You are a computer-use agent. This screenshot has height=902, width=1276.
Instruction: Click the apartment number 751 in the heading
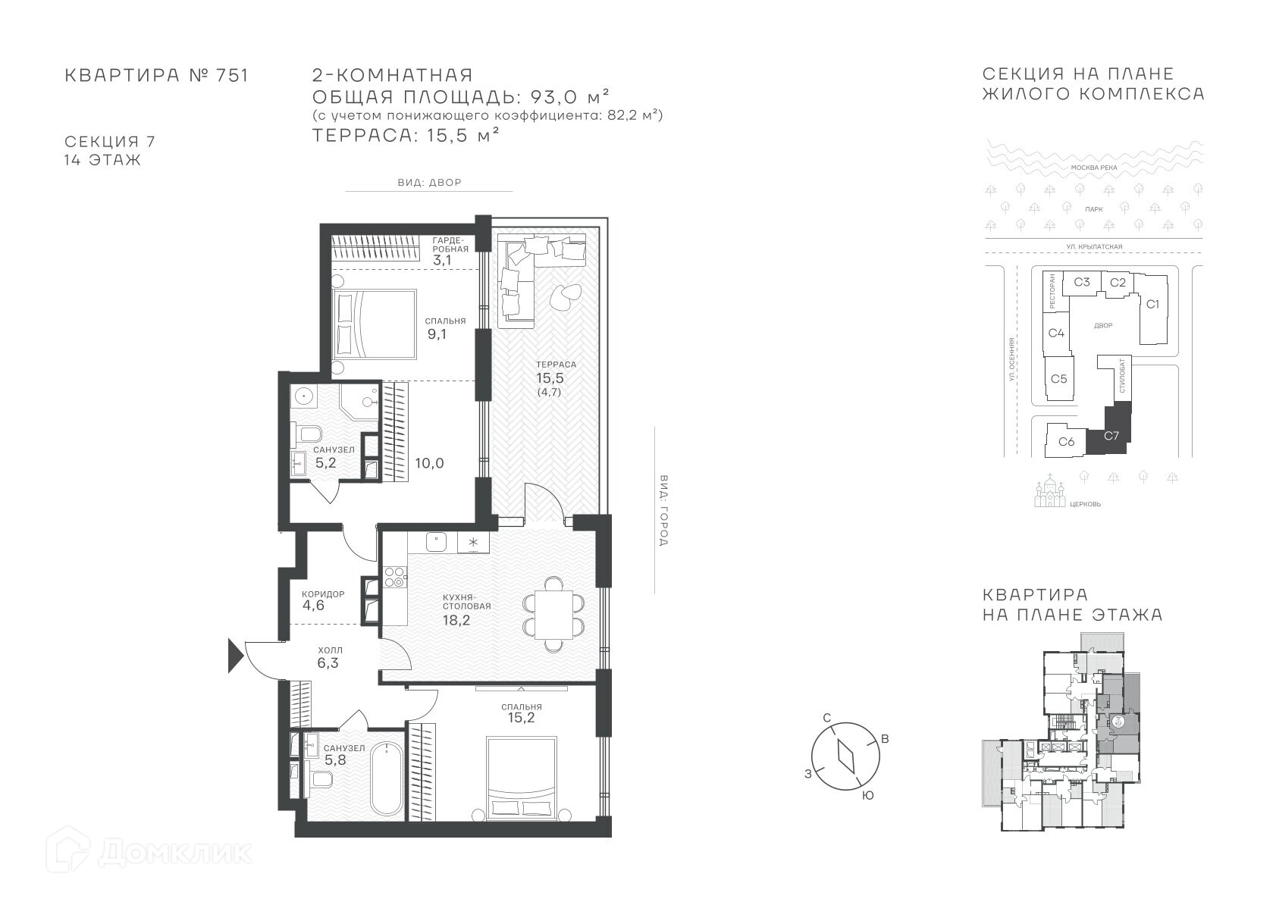(x=232, y=76)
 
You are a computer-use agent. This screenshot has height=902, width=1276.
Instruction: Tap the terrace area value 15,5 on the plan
(x=550, y=378)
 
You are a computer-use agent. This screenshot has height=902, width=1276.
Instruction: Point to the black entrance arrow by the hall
(x=236, y=656)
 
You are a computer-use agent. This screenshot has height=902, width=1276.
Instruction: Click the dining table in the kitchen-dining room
(x=553, y=615)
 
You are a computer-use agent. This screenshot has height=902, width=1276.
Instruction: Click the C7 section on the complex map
(x=1108, y=434)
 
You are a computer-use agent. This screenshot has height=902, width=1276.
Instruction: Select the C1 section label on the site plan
(x=1152, y=304)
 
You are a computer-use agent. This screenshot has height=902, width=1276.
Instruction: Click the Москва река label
(x=1094, y=168)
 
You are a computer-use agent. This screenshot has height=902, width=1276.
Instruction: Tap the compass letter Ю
(x=868, y=796)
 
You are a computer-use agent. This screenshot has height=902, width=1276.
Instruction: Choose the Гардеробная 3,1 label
(x=450, y=251)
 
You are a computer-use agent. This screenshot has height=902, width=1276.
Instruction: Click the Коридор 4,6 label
(x=323, y=600)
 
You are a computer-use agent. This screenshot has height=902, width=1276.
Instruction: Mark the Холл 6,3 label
(x=330, y=656)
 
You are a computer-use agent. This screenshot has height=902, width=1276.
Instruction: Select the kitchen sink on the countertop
(x=436, y=541)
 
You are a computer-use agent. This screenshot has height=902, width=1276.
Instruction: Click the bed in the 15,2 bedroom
(x=521, y=779)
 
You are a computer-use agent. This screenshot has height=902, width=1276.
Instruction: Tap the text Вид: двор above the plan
(x=430, y=183)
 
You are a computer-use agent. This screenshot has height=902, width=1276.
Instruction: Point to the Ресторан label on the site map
(x=1052, y=292)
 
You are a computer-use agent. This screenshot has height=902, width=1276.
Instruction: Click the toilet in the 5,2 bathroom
(x=306, y=436)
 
